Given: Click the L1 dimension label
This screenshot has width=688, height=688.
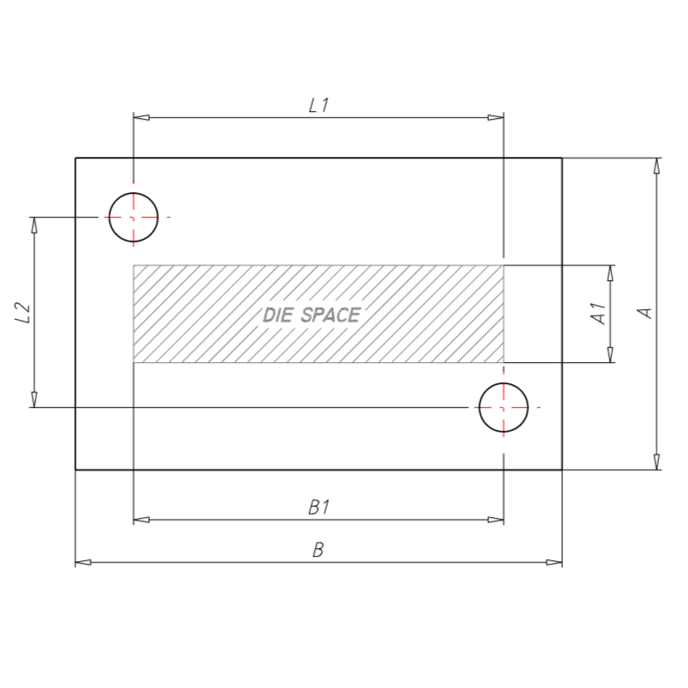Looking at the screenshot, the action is pos(319,106).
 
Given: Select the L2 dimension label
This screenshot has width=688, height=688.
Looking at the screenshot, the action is pos(23,313).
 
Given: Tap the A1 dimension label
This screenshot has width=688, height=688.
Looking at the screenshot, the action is pos(598,314).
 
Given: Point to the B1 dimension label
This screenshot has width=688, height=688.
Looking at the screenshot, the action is pos(319,507).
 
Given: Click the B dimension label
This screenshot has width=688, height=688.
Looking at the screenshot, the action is pos(318,551).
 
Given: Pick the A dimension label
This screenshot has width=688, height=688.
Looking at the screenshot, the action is pos(645,313).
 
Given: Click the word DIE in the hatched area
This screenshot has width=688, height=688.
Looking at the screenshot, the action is pos(277,315).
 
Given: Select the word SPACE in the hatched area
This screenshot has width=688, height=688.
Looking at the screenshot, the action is pos(331,315).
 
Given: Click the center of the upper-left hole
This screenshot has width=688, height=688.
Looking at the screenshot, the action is pos(133,218).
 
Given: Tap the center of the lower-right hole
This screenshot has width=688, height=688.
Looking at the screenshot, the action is pos(503,408).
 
